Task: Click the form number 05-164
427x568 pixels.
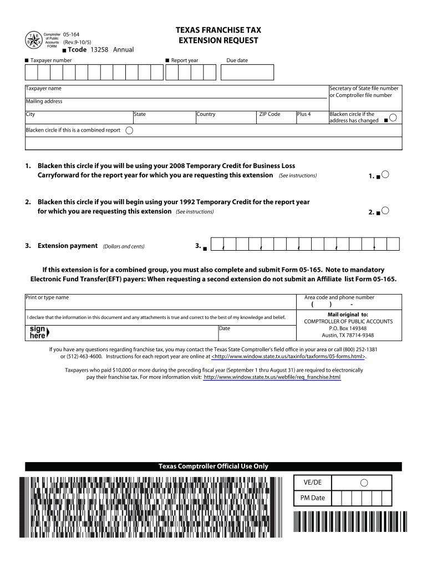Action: pos(71,34)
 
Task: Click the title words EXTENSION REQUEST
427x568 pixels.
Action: pos(218,40)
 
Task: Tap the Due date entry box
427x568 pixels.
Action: pos(247,72)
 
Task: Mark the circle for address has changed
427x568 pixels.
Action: pos(393,118)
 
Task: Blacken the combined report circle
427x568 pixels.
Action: pos(129,130)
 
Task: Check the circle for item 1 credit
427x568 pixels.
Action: pos(385,175)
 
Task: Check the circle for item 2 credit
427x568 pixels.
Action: pos(385,211)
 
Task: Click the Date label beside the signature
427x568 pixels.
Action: pos(225,328)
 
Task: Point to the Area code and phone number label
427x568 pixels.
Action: pos(339,297)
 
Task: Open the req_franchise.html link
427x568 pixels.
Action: pos(272,377)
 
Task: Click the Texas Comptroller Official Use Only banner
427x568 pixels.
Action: pos(213,466)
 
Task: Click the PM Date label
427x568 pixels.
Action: pos(313,498)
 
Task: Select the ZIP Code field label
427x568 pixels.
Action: pos(270,114)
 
